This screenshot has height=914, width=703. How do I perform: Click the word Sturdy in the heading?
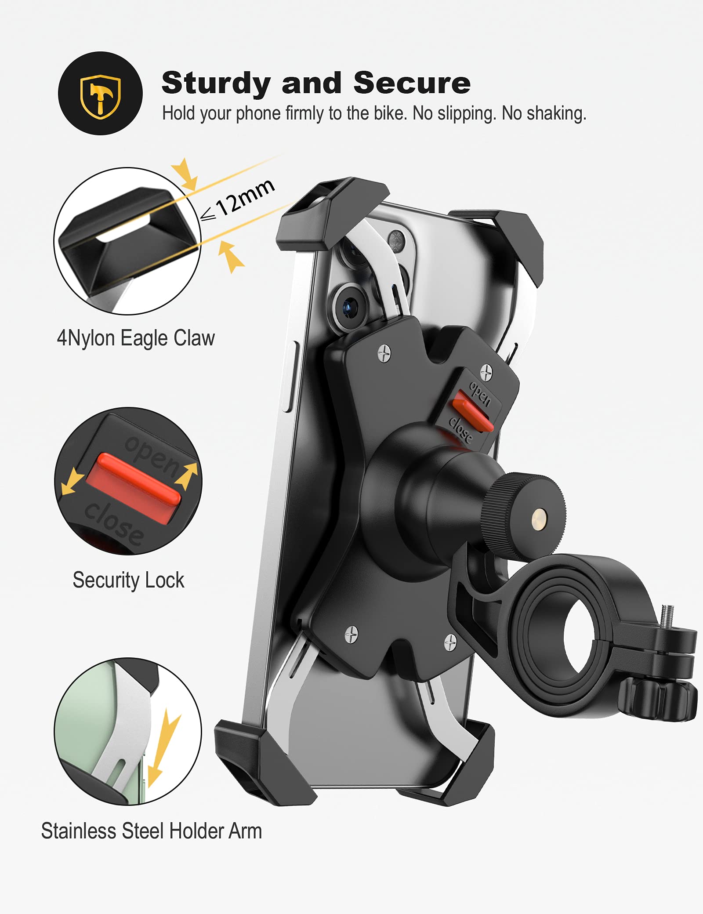click(216, 83)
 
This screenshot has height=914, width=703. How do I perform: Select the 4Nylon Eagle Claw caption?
click(136, 338)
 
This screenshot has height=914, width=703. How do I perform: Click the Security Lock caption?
click(128, 580)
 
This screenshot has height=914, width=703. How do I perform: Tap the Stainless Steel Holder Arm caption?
click(151, 831)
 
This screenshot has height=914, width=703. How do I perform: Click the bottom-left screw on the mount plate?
click(351, 635)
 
